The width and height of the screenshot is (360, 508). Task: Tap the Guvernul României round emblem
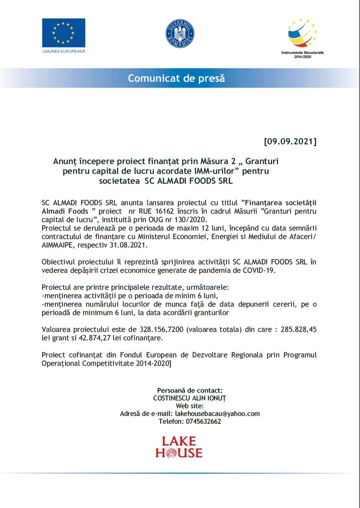click(x=180, y=34)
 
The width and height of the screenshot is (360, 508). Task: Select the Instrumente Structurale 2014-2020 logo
click(x=302, y=33)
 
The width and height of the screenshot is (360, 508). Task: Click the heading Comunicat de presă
click(x=176, y=78)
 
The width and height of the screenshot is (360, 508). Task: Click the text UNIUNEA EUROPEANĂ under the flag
click(x=64, y=51)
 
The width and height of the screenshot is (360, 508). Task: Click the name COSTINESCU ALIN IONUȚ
click(x=190, y=398)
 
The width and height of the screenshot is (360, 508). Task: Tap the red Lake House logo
click(x=179, y=447)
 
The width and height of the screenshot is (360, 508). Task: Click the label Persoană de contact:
click(x=190, y=390)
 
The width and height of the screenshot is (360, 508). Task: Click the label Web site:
click(x=190, y=406)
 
